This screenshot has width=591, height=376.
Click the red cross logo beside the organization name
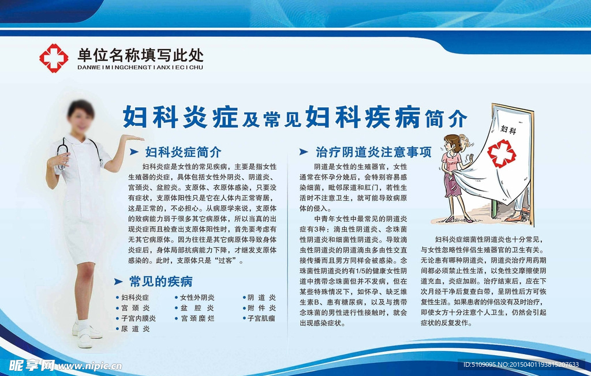coord(54,58)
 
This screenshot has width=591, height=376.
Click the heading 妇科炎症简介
coord(183,152)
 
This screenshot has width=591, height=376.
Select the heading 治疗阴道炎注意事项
coord(373,152)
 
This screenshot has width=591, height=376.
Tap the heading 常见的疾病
coord(161,281)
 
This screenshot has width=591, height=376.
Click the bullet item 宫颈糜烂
coord(197,318)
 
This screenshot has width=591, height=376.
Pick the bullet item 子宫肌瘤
coord(261,318)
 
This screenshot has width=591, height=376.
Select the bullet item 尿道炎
coord(135,329)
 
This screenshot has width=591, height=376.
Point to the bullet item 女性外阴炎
coord(197,298)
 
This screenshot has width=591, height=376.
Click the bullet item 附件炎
coord(261,308)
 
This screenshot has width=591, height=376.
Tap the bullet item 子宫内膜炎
coord(139,318)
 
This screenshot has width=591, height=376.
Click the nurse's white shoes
coord(87,334)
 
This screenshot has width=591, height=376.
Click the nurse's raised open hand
coord(132,138)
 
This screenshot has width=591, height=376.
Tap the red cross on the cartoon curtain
coord(502,153)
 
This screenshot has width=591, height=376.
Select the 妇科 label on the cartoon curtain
coord(508,130)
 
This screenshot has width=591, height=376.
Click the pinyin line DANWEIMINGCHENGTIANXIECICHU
coord(140,67)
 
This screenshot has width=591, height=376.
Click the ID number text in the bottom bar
coord(521,364)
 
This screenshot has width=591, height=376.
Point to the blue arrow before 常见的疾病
coord(118,281)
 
